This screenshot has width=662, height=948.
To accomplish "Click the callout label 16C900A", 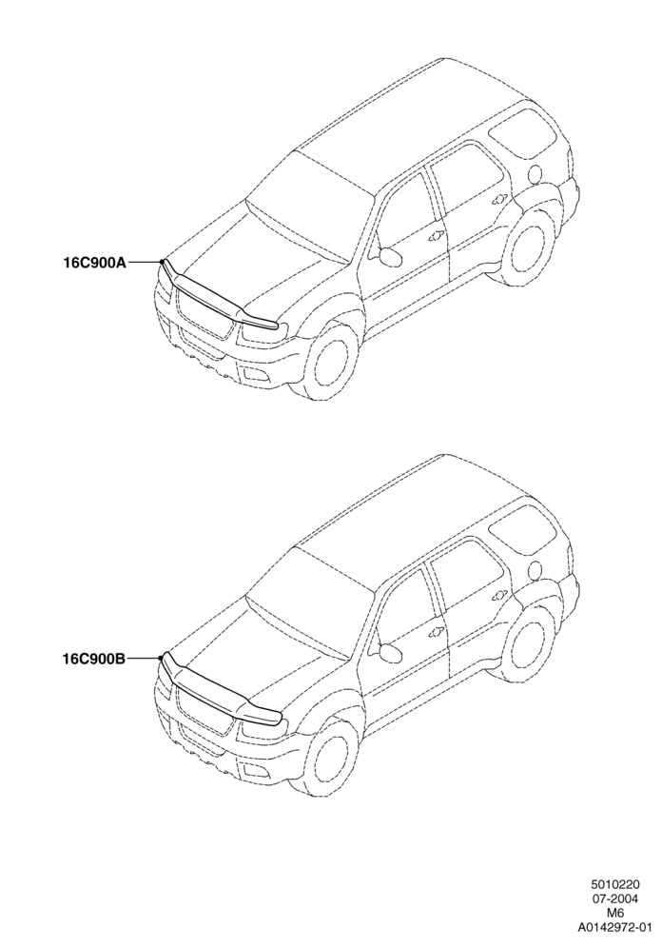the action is click(95, 263).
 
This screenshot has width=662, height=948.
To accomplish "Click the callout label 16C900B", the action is click(94, 659).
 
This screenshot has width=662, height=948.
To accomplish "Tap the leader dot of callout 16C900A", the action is click(162, 261).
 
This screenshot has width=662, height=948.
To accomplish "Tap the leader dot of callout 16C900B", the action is click(161, 657).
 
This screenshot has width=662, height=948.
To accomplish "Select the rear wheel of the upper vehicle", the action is click(529, 247).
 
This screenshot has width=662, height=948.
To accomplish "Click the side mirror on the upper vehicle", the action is click(390, 255).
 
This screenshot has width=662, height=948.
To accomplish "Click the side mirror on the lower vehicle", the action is click(390, 652).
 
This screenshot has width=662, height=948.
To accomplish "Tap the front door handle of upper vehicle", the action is click(434, 237).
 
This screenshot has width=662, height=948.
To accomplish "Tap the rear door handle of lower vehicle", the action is click(500, 595).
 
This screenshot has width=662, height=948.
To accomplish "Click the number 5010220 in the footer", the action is click(615, 886).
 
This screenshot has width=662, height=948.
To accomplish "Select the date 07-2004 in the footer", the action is click(615, 899).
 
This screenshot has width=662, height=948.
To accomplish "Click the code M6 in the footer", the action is click(615, 913).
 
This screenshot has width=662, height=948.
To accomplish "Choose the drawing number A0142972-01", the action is click(615, 925).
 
